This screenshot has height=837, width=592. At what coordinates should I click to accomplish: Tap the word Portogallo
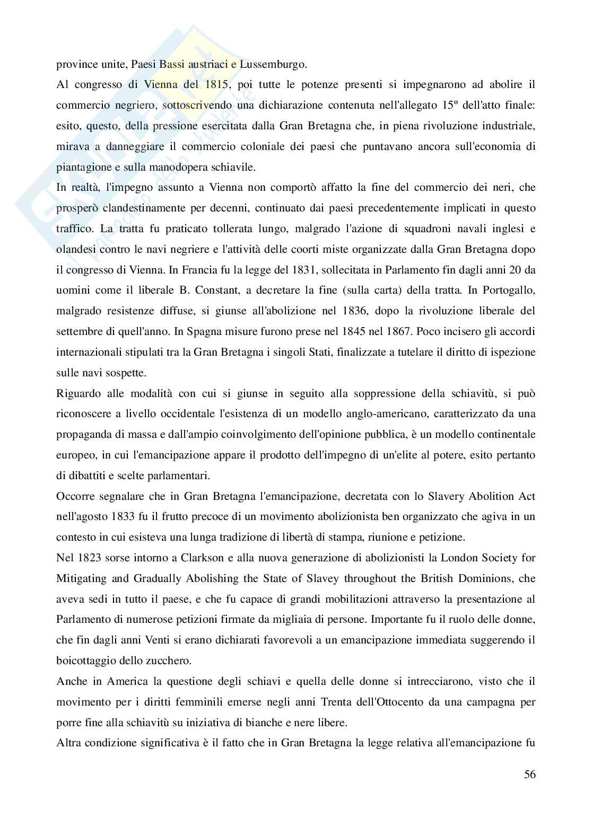click(506, 290)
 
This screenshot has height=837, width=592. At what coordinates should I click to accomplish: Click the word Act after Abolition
click(526, 496)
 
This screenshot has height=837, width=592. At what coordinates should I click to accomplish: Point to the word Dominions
click(478, 578)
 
